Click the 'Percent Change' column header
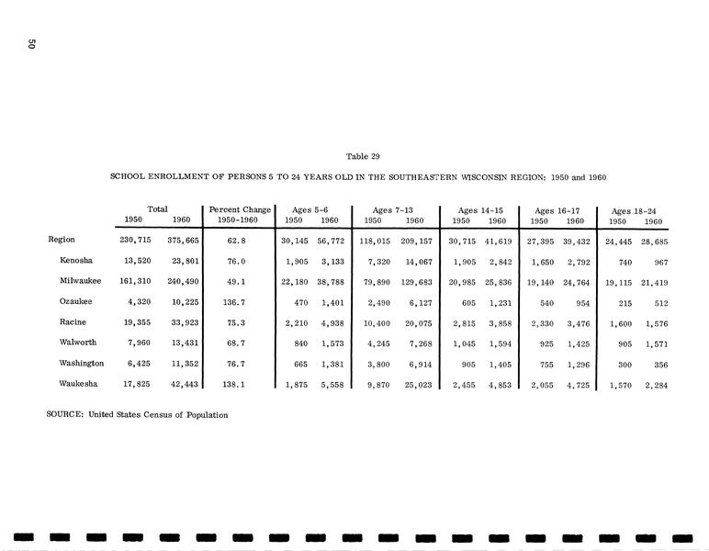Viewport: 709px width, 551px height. pyautogui.click(x=241, y=210)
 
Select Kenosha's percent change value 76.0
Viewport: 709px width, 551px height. pyautogui.click(x=241, y=260)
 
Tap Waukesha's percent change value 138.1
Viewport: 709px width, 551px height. pyautogui.click(x=241, y=386)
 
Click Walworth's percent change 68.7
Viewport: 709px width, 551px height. pyautogui.click(x=241, y=343)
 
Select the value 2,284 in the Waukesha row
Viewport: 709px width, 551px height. pyautogui.click(x=653, y=386)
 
